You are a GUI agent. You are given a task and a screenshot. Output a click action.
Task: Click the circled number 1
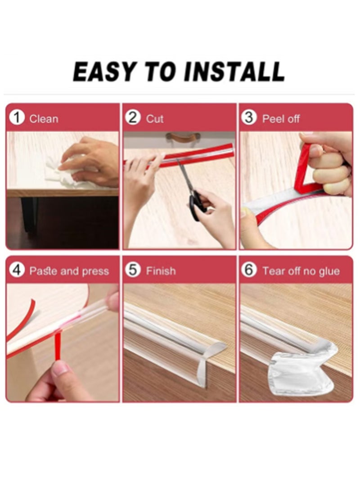17,118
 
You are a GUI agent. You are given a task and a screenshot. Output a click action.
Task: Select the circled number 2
133,118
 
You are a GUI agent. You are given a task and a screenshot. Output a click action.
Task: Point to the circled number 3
249,118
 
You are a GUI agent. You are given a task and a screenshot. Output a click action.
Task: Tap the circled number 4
17,270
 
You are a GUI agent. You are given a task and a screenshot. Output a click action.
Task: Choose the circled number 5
133,270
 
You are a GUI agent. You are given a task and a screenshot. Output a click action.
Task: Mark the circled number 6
249,270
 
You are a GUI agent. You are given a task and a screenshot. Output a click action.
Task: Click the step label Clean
44,119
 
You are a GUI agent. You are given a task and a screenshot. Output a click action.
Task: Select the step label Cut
155,119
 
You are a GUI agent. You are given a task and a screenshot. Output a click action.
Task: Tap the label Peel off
281,119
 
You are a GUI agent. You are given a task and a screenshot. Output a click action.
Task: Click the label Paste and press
69,271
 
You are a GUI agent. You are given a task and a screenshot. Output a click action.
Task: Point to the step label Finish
161,271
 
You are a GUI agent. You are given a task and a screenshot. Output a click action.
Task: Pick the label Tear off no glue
301,271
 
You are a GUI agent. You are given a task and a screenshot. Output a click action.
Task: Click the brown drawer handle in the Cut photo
183,136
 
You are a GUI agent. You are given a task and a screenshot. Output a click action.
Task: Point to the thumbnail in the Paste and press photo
60,369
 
